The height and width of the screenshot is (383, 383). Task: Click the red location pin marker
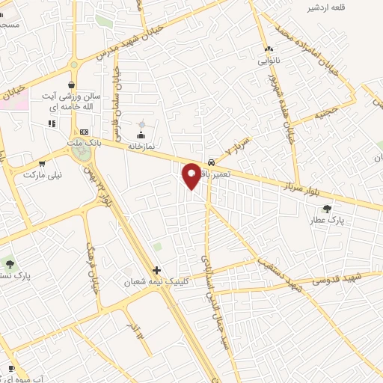[191, 176]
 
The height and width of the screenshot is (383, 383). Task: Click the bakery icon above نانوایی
[268, 49]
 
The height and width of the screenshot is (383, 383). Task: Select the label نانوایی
[268, 60]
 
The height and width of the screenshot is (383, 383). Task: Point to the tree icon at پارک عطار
[326, 209]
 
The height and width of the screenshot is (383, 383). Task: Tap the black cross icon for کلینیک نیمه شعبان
[156, 270]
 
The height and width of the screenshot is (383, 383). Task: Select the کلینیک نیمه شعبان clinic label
[158, 282]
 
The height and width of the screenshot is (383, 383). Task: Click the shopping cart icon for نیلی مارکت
[42, 163]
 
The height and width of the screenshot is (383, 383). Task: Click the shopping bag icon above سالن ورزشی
[71, 85]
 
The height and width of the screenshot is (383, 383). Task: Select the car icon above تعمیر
[212, 162]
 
